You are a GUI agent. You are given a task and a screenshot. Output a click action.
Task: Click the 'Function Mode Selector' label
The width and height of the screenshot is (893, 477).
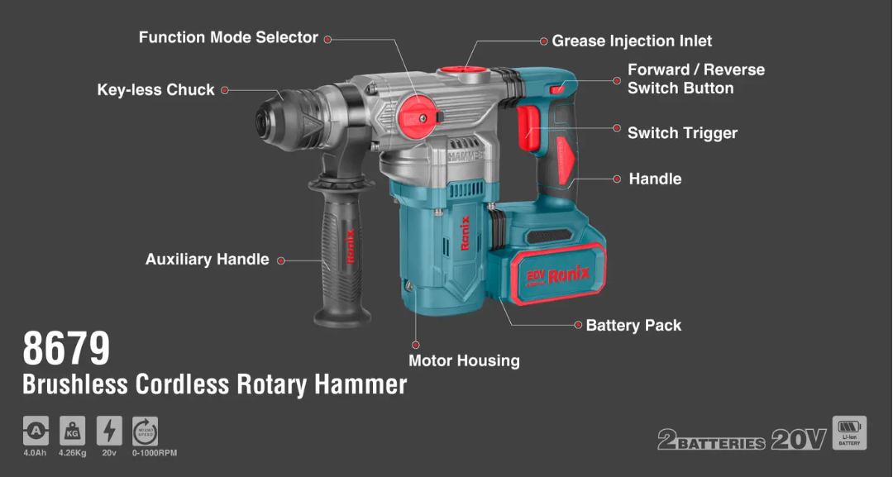(228, 38)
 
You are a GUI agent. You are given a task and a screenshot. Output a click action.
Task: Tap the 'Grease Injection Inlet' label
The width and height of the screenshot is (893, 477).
(632, 41)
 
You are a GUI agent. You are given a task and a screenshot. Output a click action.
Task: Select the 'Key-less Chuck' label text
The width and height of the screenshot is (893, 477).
(155, 90)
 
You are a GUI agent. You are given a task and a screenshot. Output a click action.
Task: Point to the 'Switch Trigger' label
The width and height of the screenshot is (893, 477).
(682, 133)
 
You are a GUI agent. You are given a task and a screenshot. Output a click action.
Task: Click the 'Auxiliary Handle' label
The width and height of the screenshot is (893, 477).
(208, 260)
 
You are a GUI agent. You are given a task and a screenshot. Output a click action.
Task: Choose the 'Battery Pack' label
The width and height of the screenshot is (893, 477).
(633, 326)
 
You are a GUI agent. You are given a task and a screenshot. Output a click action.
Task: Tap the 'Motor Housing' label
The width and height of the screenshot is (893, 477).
(464, 360)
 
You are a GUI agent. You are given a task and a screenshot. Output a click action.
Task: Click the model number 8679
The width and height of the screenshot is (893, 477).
(66, 348)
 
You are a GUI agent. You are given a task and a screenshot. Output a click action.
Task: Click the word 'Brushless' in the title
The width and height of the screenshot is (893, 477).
(75, 384)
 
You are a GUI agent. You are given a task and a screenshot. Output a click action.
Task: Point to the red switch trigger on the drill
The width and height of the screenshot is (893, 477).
(528, 131)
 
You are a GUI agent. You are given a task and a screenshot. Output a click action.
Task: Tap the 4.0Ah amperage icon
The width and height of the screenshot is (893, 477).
(36, 430)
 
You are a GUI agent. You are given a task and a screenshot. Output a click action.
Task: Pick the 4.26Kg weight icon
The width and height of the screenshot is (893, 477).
(72, 430)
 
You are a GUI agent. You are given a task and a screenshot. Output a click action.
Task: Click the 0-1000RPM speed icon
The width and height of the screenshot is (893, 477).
(145, 430)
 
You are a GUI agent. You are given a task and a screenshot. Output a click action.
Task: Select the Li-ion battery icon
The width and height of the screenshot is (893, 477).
(849, 432)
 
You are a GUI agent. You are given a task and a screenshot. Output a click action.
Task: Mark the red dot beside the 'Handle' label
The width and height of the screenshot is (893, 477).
(616, 179)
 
